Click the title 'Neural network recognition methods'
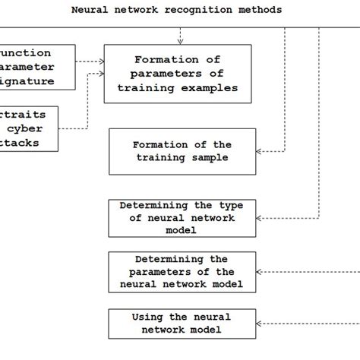(176, 10)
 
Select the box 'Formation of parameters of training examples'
(176, 74)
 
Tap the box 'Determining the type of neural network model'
(182, 218)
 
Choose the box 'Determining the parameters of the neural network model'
(182, 271)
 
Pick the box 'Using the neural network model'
(181, 323)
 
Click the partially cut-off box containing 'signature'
(36, 67)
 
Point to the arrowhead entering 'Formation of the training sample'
(258, 152)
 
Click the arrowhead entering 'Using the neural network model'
(258, 323)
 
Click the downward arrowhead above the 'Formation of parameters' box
(180, 40)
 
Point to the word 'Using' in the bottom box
(148, 317)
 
